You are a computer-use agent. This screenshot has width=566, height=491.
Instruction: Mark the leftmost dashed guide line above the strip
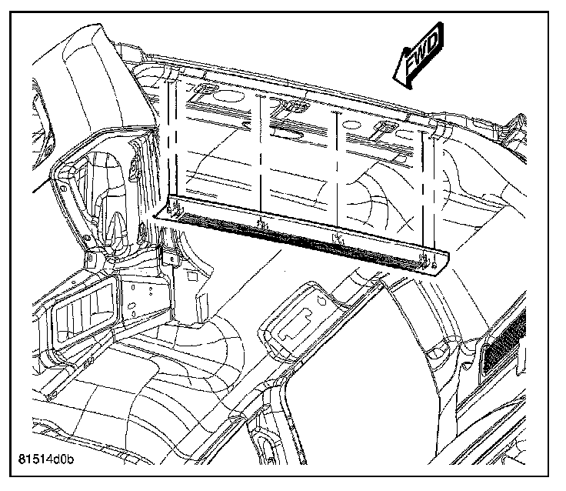coord(167,146)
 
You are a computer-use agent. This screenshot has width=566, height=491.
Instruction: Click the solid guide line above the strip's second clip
coord(261,162)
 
